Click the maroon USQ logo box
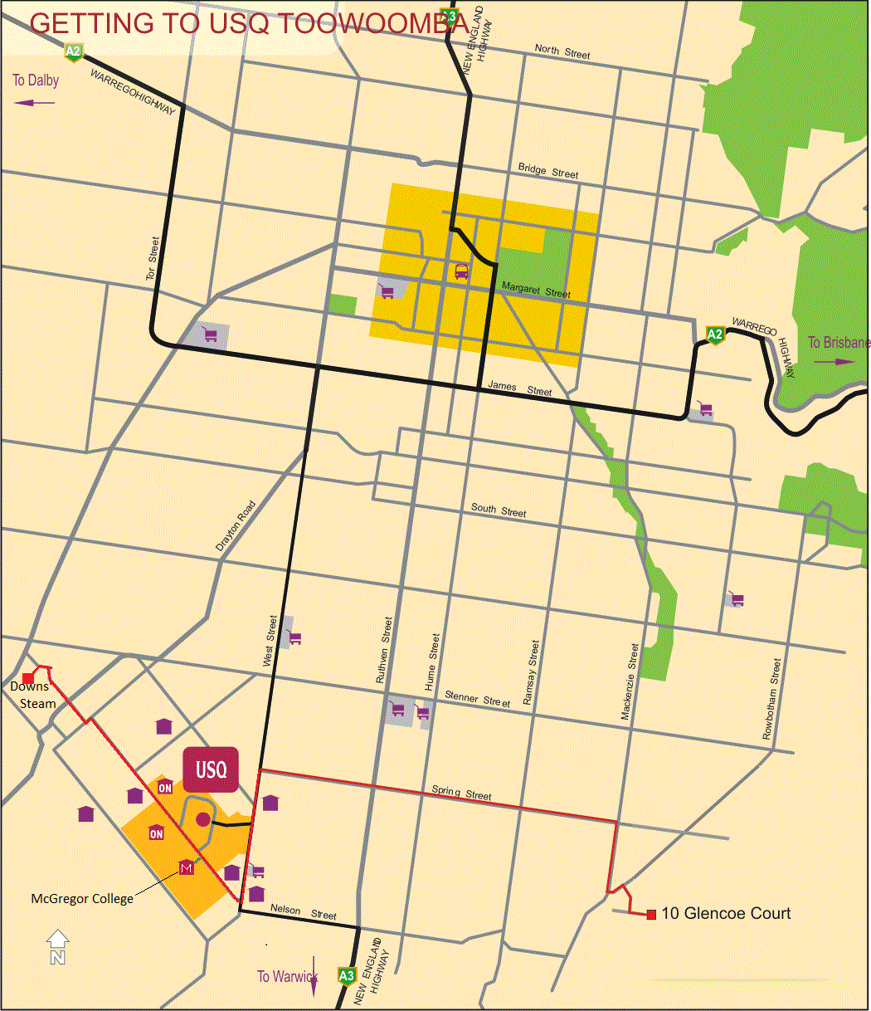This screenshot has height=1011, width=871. click(x=211, y=769)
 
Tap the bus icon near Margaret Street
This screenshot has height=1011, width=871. click(x=461, y=271)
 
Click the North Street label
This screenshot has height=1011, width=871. click(x=562, y=52)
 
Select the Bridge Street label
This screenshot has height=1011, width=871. click(x=548, y=171)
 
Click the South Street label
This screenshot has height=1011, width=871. click(x=499, y=510)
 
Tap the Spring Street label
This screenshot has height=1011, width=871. click(x=461, y=793)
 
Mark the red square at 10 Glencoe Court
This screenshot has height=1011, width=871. click(x=651, y=914)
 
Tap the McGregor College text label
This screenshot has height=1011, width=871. click(x=82, y=898)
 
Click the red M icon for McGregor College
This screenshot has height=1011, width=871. click(x=187, y=868)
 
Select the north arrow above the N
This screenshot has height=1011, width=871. click(x=57, y=940)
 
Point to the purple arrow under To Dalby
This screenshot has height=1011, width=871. click(x=35, y=102)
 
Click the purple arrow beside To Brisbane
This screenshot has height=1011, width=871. click(x=833, y=362)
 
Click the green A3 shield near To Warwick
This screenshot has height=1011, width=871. click(x=347, y=976)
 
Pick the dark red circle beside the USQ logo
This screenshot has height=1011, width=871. click(x=202, y=820)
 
